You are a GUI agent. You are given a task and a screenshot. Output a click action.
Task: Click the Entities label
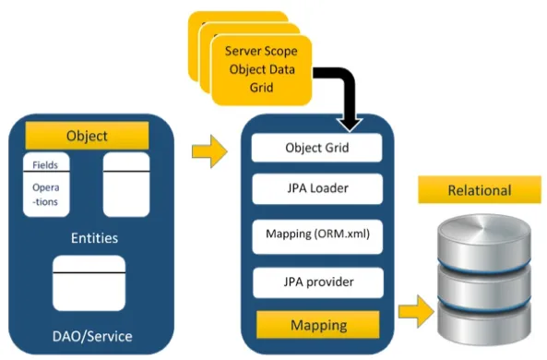point(94,238)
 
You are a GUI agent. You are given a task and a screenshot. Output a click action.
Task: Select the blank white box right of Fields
point(126,184)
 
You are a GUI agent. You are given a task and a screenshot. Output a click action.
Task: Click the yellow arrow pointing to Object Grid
point(211,152)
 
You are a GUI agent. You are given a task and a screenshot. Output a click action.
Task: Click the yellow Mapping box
point(318,325)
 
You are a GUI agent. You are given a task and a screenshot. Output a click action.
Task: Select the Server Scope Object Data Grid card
point(263,70)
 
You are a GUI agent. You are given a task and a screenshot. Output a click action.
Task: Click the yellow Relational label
point(479,191)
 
